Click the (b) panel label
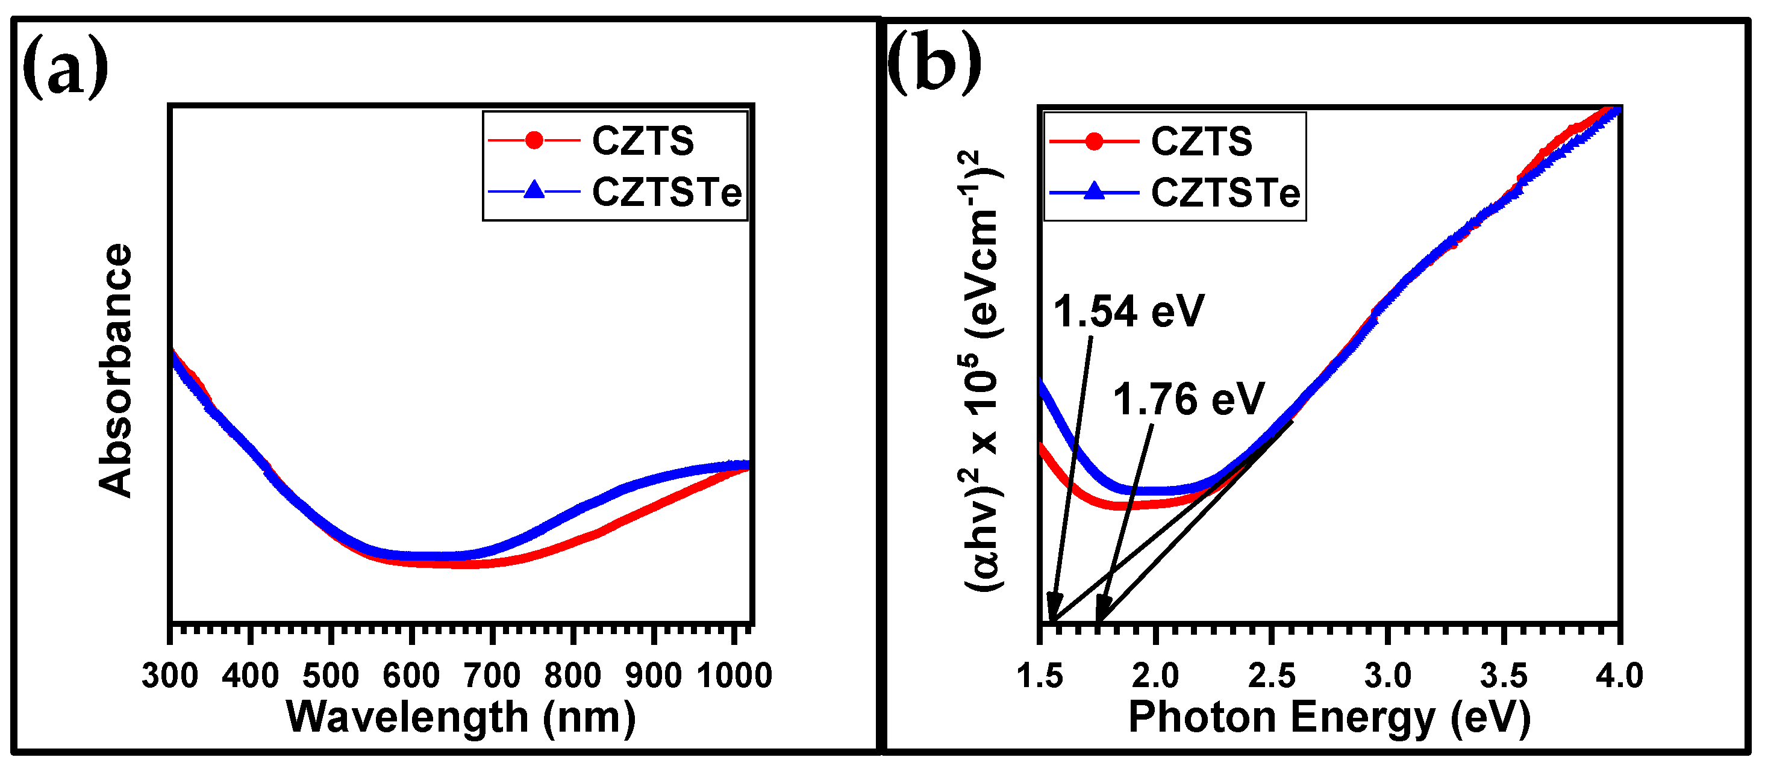pyautogui.click(x=933, y=64)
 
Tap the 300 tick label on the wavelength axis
pyautogui.click(x=169, y=676)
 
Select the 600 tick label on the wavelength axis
pyautogui.click(x=411, y=676)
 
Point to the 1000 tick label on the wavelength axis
pyautogui.click(x=734, y=676)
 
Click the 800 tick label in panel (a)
pyautogui.click(x=572, y=676)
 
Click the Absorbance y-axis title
pyautogui.click(x=114, y=370)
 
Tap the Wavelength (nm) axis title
pyautogui.click(x=460, y=718)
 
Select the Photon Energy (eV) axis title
pyautogui.click(x=1329, y=718)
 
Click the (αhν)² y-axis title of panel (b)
pyautogui.click(x=983, y=370)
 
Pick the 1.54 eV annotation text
pyautogui.click(x=1128, y=312)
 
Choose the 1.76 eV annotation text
pyautogui.click(x=1187, y=399)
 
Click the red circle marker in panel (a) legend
pyautogui.click(x=534, y=140)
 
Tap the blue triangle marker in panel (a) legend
pyautogui.click(x=534, y=190)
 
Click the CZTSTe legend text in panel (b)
pyautogui.click(x=1225, y=193)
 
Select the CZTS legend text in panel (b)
pyautogui.click(x=1201, y=141)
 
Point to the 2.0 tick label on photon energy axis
pyautogui.click(x=1155, y=676)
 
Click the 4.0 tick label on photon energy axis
pyautogui.click(x=1619, y=676)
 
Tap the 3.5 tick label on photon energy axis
pyautogui.click(x=1504, y=676)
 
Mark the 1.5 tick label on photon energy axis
pyautogui.click(x=1039, y=676)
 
